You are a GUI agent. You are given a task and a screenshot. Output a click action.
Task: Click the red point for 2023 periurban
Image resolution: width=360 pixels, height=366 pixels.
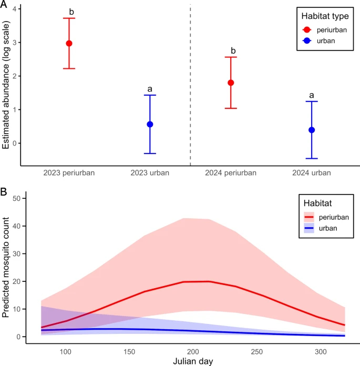coord(69,43)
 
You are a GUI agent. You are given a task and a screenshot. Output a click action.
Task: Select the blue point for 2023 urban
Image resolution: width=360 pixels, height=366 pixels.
coord(150,124)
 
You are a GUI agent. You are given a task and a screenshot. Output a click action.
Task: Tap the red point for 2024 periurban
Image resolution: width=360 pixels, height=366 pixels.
coord(231,83)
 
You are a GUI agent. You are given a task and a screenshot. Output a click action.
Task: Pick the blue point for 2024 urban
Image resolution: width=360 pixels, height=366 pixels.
coord(312,130)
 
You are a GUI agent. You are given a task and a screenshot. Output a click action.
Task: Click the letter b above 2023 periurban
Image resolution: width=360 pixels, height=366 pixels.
coord(69,11)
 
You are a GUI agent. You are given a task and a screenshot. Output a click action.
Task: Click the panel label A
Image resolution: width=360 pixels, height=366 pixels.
coord(5,5)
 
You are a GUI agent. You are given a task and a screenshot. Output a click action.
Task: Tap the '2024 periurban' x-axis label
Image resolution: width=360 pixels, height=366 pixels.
coord(231,172)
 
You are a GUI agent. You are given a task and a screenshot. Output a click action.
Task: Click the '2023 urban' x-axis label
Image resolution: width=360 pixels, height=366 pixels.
coord(150,172)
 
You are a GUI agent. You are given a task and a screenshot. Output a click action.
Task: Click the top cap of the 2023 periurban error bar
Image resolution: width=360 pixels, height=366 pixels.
coord(69,18)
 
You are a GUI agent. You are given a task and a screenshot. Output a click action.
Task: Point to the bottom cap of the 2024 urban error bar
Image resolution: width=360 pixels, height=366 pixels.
coord(312,158)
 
